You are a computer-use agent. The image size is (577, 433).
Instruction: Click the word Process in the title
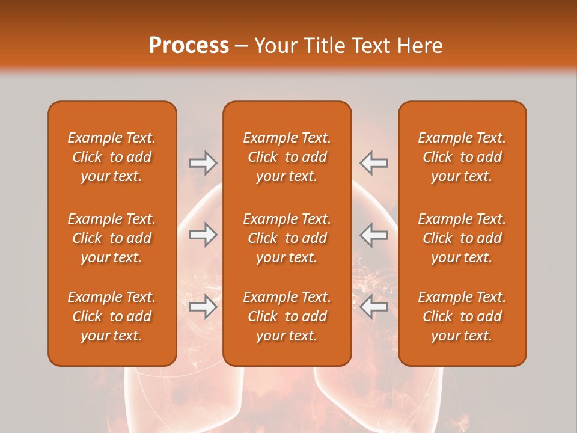tap(189, 46)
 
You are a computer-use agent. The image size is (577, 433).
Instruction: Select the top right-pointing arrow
tap(203, 163)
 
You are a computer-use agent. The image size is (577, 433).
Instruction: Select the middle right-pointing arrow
tap(203, 235)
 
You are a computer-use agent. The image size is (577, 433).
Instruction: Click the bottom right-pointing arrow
tap(203, 307)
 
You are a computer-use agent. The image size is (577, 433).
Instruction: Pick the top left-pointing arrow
tap(373, 163)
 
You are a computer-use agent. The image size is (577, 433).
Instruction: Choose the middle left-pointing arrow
tap(373, 235)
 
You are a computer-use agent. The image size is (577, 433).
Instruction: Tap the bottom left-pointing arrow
tap(373, 307)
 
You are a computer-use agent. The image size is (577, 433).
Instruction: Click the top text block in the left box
tap(112, 157)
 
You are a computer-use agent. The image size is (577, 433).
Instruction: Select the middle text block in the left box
tap(112, 238)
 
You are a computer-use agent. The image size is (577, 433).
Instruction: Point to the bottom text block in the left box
tap(112, 316)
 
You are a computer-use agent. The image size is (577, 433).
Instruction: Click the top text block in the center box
tap(287, 157)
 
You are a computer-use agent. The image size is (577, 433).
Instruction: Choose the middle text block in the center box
tap(287, 238)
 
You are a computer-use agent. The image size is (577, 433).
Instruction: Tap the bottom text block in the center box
tap(287, 316)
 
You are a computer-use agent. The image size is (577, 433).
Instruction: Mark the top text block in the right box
tap(462, 157)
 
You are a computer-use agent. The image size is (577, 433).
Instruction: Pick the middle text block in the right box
tap(462, 238)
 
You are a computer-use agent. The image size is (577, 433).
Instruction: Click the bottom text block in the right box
tap(462, 316)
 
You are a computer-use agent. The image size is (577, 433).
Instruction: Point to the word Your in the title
tap(274, 46)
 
